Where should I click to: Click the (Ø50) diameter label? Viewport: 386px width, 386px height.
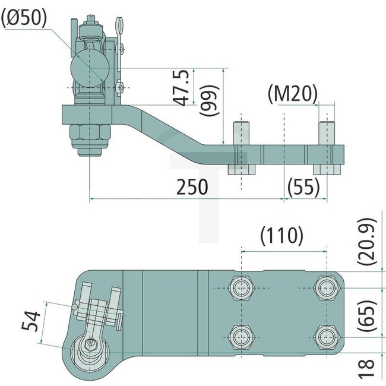pos(24,18)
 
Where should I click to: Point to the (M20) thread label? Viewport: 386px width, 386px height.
pos(292,93)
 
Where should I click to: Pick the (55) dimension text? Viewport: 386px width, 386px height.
pos(303,187)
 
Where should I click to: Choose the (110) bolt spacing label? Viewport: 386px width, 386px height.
pos(282,236)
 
